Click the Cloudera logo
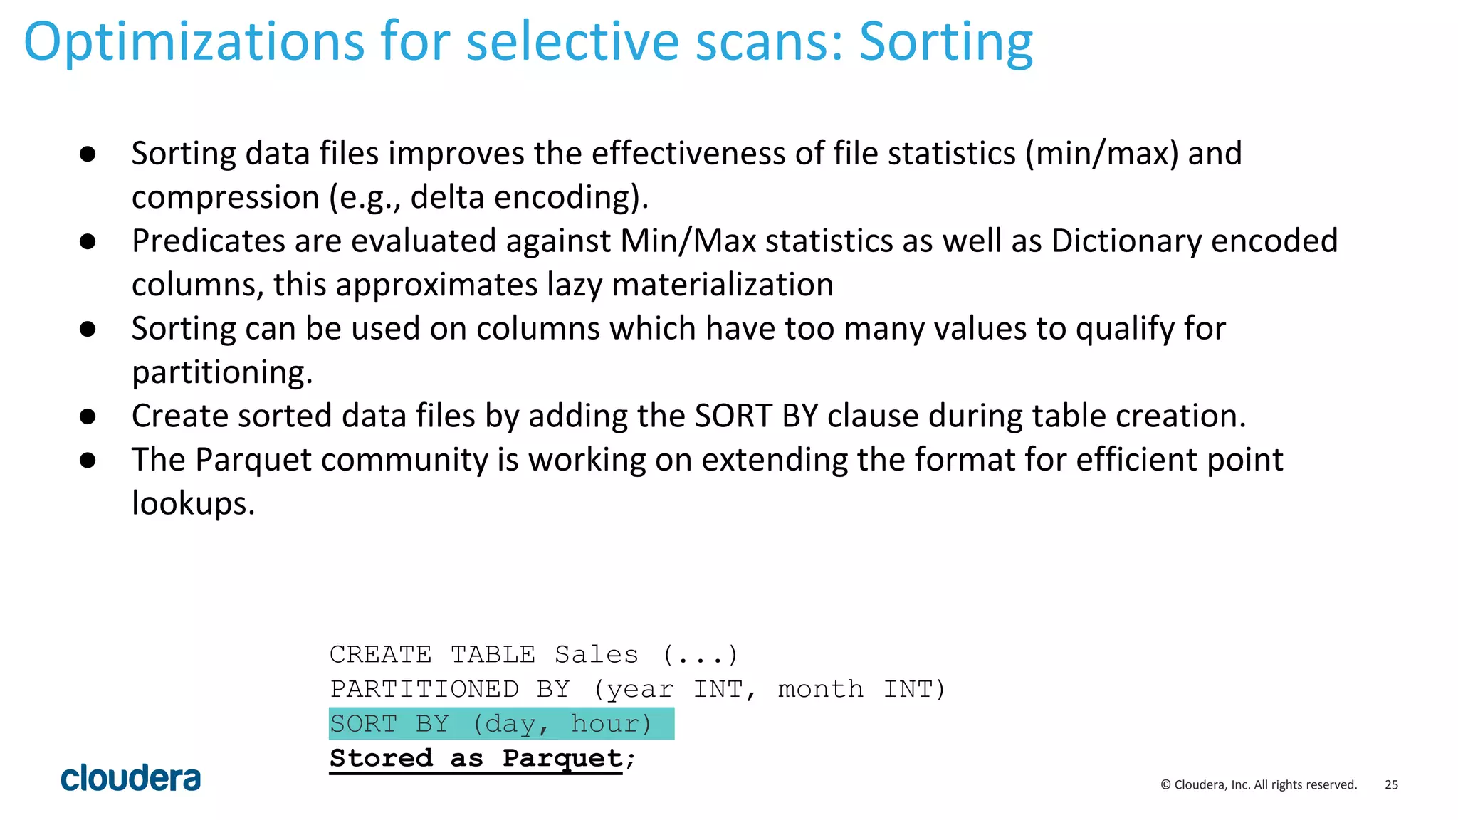[130, 778]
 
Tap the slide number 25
[1391, 784]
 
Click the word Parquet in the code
[562, 758]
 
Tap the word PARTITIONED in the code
[424, 689]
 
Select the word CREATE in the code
[380, 654]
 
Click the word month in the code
[820, 689]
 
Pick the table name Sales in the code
[597, 654]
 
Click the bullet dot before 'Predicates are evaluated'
[88, 241]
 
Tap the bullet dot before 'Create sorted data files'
[88, 416]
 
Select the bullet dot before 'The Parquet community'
[88, 460]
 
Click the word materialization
[722, 285]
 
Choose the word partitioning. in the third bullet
[222, 372]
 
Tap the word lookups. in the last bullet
[193, 503]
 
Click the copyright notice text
[1259, 784]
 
